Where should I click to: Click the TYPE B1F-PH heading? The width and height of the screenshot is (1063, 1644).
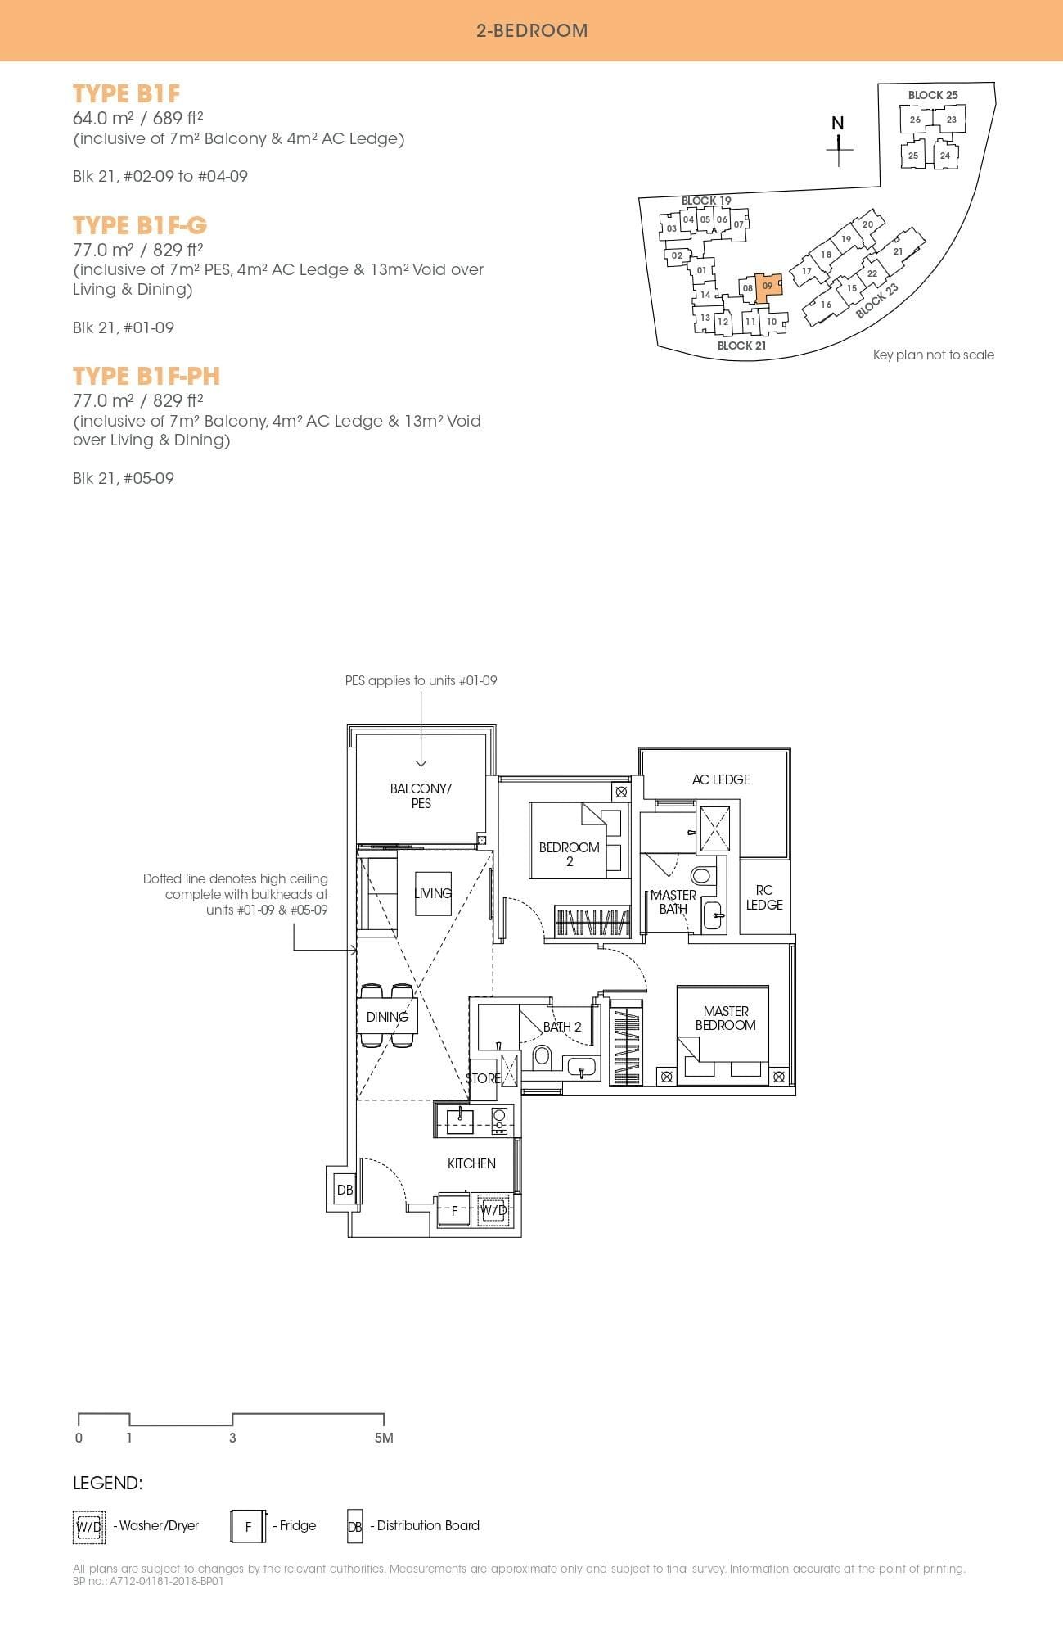[x=146, y=376]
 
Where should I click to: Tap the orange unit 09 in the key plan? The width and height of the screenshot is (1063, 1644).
[x=767, y=287]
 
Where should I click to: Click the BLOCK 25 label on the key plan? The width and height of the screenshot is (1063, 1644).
[x=932, y=95]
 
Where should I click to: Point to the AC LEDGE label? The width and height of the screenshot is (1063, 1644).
[x=721, y=779]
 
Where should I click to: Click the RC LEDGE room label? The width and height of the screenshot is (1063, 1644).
[x=764, y=897]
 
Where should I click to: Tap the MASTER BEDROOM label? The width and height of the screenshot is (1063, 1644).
[x=725, y=1018]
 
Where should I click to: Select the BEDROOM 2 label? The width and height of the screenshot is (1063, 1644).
[x=570, y=854]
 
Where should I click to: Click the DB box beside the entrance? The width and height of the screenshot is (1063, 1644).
[x=345, y=1190]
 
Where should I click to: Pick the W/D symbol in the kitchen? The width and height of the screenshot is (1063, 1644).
[x=493, y=1210]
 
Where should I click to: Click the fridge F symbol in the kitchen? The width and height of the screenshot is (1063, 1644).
[x=455, y=1210]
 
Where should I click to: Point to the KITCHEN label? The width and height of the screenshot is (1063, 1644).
[x=471, y=1163]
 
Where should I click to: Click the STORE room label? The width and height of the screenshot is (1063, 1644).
[x=483, y=1078]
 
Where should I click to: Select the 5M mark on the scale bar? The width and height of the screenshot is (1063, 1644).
[x=384, y=1438]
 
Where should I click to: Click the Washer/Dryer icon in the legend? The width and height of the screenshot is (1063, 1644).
[x=89, y=1526]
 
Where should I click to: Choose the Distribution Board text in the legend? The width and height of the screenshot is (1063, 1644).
[x=428, y=1525]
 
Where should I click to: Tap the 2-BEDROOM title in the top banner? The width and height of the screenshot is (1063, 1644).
[x=532, y=31]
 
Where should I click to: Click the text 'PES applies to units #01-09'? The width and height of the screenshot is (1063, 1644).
[x=421, y=680]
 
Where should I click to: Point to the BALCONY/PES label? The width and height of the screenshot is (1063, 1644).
[x=421, y=796]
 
